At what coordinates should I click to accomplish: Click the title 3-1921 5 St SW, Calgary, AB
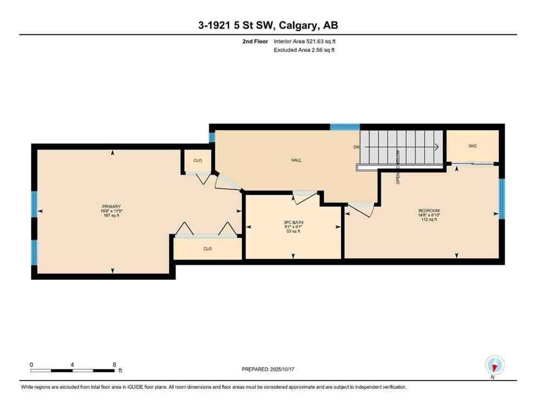point(268,25)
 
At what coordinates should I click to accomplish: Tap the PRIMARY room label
point(112,206)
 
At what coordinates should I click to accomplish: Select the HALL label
point(296,160)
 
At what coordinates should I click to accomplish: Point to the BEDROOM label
point(429,210)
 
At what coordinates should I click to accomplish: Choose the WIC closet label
point(472,146)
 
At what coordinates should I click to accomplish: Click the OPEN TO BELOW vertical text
point(398,167)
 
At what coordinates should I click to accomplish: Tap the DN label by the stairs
point(356,147)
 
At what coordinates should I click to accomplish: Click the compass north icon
point(494,365)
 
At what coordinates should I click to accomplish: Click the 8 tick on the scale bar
point(114,364)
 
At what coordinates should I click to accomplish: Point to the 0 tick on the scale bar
point(31,364)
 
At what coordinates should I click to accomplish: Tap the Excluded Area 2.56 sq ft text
point(304,50)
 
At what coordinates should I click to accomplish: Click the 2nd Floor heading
point(255,41)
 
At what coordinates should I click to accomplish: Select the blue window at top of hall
point(345,127)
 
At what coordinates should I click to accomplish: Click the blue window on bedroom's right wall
point(501,199)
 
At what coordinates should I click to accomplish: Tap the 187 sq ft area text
point(112,216)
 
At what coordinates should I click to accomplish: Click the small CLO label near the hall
point(198,160)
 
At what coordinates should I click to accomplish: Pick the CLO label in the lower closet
point(207,249)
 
